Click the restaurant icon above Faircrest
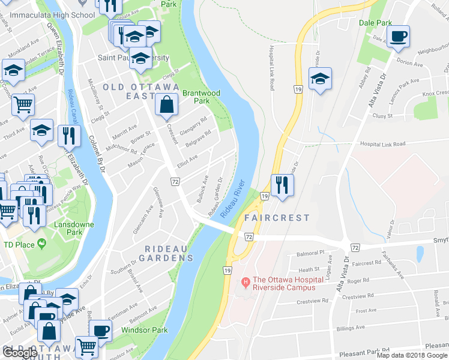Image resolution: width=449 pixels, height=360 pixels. (x=279, y=184)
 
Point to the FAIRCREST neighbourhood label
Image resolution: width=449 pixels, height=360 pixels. (x=277, y=218)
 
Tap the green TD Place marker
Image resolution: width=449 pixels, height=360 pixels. (x=41, y=244)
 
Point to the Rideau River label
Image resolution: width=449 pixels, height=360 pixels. (x=233, y=199)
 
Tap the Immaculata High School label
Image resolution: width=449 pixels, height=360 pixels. (x=47, y=13)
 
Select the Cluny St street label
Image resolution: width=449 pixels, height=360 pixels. (x=381, y=116)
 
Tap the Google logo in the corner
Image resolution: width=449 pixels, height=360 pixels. (x=20, y=353)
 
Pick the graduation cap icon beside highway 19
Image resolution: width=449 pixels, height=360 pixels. (x=321, y=79)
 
